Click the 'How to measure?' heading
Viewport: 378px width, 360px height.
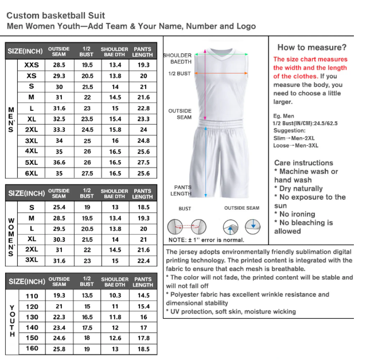311,47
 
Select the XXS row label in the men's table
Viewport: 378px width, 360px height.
32,65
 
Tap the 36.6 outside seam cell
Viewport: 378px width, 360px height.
59,162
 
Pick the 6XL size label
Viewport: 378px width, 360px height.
32,173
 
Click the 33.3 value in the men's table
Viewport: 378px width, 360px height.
59,130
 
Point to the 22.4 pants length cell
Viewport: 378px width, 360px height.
143,261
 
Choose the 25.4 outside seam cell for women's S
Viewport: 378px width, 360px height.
59,207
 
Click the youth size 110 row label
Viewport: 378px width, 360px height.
32,295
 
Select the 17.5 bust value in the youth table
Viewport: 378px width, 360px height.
87,327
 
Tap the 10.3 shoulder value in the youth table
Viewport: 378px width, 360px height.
115,295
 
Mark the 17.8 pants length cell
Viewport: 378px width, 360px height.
143,338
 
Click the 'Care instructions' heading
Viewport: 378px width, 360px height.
303,162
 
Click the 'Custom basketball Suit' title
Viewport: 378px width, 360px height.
56,16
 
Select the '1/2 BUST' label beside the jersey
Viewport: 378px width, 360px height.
180,73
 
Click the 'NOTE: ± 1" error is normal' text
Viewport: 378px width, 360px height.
206,240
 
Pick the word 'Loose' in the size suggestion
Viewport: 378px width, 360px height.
282,145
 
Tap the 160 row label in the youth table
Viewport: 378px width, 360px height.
32,349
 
